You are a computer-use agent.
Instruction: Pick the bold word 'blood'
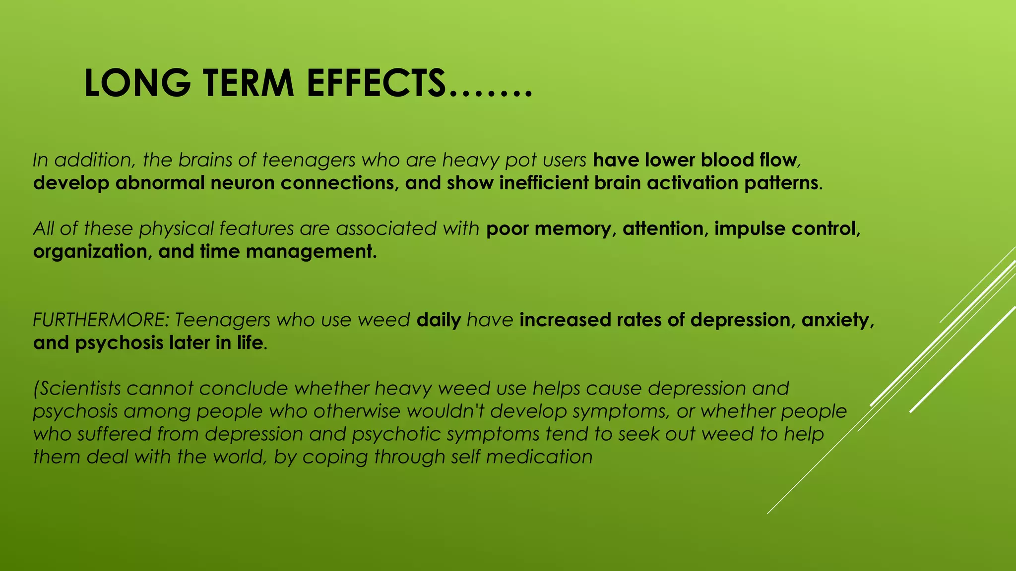point(727,160)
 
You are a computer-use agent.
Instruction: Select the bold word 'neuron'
point(243,183)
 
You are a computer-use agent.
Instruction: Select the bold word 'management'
point(311,252)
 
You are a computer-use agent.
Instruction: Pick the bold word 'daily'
point(439,320)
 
